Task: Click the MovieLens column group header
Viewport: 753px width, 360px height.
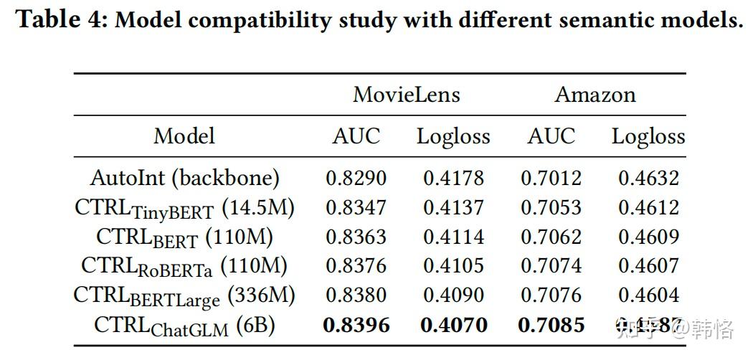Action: [406, 95]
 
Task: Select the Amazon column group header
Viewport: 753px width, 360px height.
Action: [595, 95]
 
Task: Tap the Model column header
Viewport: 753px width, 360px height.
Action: [184, 136]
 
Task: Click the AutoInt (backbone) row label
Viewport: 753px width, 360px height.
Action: [184, 178]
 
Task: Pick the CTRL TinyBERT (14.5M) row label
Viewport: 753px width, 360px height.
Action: [184, 208]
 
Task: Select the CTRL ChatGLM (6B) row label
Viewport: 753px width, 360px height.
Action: [184, 326]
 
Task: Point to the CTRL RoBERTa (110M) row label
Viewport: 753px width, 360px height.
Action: [184, 266]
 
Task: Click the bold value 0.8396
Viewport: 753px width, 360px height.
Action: [356, 326]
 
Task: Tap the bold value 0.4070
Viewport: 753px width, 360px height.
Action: [453, 326]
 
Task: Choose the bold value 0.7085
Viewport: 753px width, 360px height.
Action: [551, 326]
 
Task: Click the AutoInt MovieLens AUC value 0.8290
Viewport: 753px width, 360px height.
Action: [356, 178]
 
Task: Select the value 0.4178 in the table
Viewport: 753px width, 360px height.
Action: [453, 178]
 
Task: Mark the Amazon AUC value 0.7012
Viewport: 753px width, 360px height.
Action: [551, 178]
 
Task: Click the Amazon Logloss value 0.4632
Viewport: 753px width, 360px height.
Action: [648, 178]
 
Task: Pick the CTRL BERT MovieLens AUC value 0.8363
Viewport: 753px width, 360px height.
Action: [356, 237]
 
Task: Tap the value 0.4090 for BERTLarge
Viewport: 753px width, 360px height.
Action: [453, 295]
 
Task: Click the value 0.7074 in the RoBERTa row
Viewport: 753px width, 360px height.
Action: [551, 266]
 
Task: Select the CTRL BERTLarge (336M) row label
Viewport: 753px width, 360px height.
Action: [184, 295]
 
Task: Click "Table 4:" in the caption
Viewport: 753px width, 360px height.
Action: [61, 20]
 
